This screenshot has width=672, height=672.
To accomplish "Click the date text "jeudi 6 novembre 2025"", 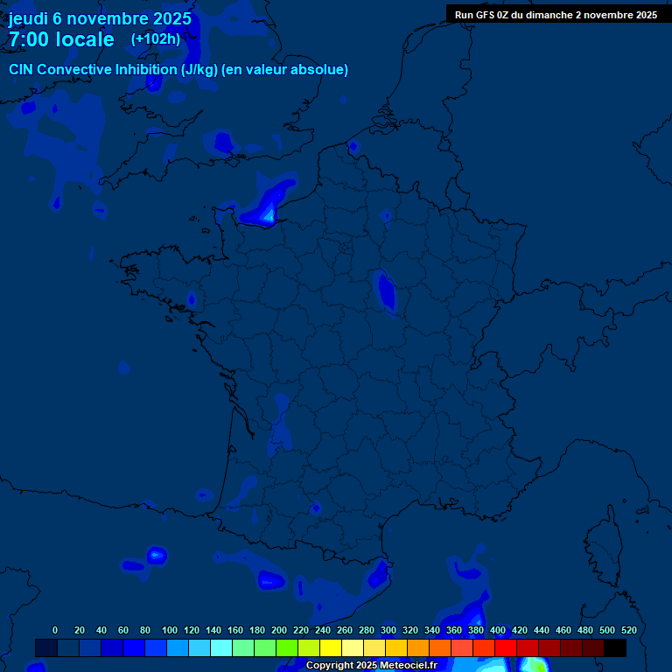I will click(x=100, y=18).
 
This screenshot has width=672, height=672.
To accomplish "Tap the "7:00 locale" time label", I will click(x=61, y=39).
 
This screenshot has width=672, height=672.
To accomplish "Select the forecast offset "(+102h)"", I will click(x=156, y=38).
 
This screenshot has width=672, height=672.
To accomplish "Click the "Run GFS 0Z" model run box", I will click(x=556, y=15).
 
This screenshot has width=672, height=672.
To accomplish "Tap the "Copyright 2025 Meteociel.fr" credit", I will click(x=371, y=665).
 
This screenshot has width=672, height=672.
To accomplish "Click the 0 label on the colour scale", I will click(x=55, y=630).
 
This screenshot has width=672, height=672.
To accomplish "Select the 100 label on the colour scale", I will click(x=170, y=630).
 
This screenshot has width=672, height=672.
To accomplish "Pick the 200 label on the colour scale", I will click(x=279, y=630).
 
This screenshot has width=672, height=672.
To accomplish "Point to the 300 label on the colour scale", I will click(x=388, y=630).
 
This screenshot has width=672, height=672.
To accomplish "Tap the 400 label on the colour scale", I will click(x=498, y=630).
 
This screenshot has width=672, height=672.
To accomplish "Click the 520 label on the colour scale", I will click(x=628, y=630).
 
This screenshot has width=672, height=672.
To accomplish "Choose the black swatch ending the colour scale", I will click(x=615, y=647).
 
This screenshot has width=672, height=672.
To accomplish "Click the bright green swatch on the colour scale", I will click(x=287, y=647).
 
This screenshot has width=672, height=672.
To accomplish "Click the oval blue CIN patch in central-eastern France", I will click(x=385, y=290).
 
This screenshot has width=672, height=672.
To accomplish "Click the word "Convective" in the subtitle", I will click(x=73, y=69).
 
